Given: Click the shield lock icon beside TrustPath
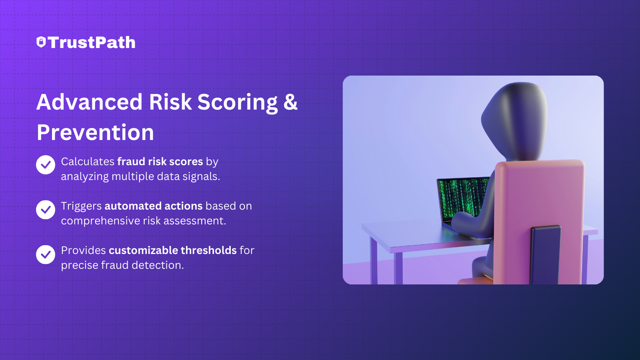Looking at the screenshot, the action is pyautogui.click(x=41, y=42).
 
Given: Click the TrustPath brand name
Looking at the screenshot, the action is pyautogui.click(x=92, y=42).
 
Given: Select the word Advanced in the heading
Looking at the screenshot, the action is pyautogui.click(x=90, y=102).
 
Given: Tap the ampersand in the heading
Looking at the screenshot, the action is pyautogui.click(x=290, y=102).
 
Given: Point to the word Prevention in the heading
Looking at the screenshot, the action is pyautogui.click(x=96, y=132).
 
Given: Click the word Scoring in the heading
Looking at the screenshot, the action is pyautogui.click(x=237, y=102).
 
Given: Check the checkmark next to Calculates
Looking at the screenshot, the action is pyautogui.click(x=46, y=165).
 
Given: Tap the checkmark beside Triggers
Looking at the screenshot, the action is pyautogui.click(x=46, y=210).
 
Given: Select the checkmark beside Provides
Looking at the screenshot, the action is pyautogui.click(x=46, y=254).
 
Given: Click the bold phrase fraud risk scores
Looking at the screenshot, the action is pyautogui.click(x=160, y=162).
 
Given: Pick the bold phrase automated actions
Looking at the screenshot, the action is pyautogui.click(x=154, y=206).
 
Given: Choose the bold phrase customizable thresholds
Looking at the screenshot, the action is pyautogui.click(x=173, y=250).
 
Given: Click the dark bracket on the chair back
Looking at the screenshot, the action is pyautogui.click(x=545, y=255).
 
